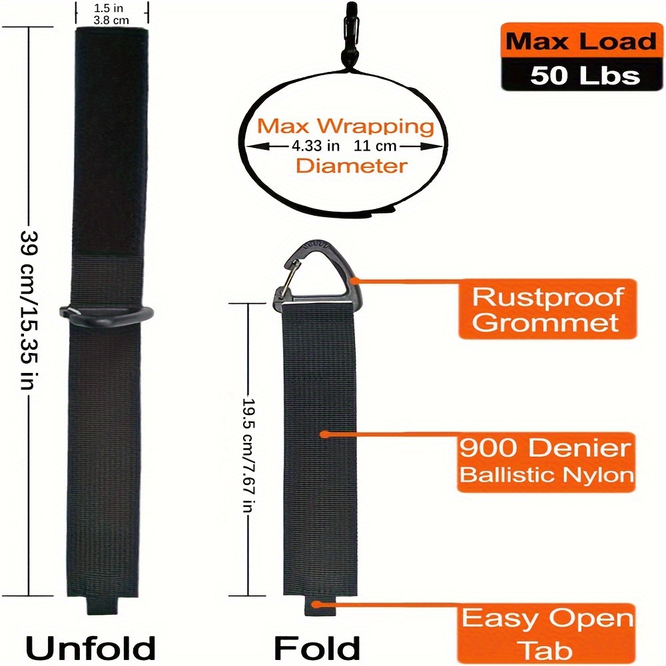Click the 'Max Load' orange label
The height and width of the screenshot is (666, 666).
(x=580, y=41)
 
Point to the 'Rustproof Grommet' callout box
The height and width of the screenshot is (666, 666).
(x=547, y=310)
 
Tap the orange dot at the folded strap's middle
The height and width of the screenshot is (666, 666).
(x=324, y=434)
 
